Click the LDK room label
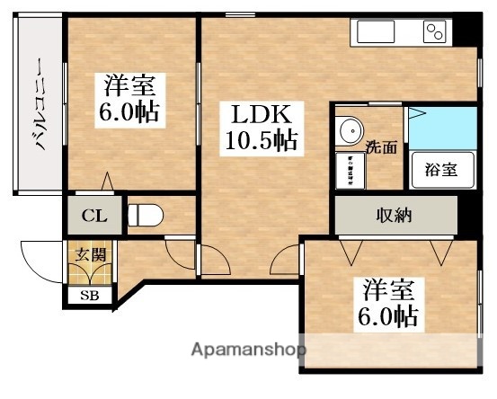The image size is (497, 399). [260, 114]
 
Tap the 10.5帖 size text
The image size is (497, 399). [261, 141]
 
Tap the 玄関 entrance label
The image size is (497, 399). [89, 255]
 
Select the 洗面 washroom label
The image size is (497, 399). [381, 147]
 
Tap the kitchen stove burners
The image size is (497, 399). [435, 32]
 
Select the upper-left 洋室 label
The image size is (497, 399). [130, 87]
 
